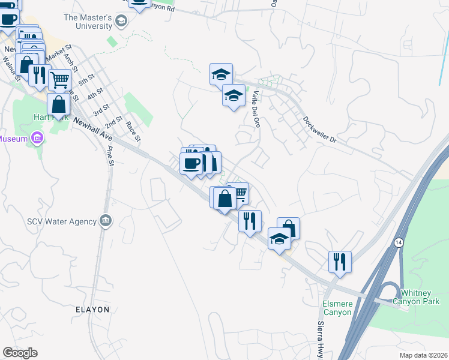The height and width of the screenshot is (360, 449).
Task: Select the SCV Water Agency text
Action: tap(62, 221)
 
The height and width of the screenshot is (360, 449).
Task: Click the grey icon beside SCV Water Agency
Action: tap(106, 220)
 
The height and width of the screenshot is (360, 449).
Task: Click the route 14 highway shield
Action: tap(398, 242)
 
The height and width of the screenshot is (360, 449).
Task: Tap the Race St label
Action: tap(133, 131)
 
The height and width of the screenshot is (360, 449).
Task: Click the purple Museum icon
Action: tap(38, 139)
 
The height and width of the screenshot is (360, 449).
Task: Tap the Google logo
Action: tap(20, 353)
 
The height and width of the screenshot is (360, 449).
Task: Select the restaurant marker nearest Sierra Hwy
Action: tap(340, 261)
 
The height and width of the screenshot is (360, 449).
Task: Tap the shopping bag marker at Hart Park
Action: tap(59, 104)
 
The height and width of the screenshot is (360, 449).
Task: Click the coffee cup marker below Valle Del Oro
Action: tap(191, 163)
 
